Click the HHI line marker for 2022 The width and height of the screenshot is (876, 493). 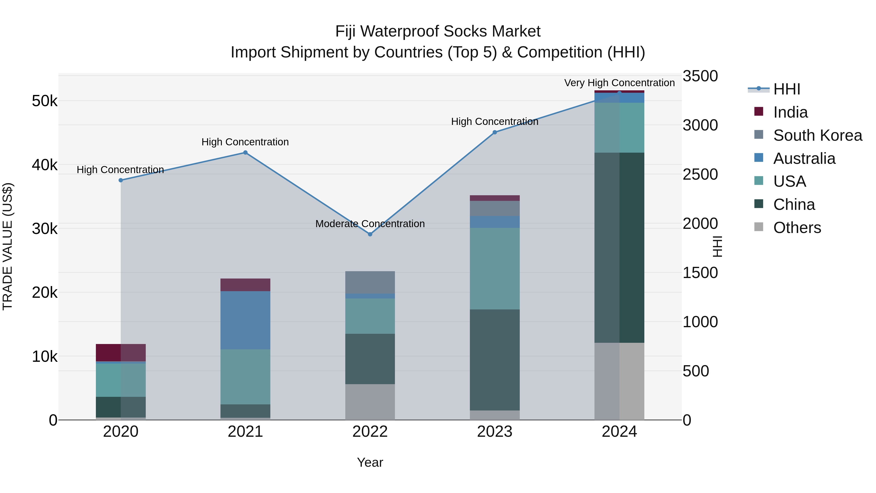coord(370,234)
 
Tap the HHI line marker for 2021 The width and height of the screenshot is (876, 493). coord(245,152)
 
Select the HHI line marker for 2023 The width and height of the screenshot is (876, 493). coord(495,132)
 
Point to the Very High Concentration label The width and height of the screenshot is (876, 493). coord(619,83)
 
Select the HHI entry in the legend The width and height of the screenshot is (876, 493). coord(786,89)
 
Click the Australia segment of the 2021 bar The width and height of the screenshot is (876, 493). coord(245,320)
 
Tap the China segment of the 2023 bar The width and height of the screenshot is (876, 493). coord(495,359)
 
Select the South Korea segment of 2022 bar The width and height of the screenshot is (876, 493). coord(370,282)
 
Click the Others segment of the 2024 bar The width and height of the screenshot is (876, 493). coord(619,381)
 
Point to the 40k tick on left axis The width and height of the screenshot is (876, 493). coord(45,165)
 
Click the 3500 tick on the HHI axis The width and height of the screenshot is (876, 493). coord(700,76)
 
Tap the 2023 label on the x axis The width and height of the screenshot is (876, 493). coord(495,432)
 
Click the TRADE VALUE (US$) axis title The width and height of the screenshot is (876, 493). coord(8,246)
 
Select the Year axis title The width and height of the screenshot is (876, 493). coord(370,462)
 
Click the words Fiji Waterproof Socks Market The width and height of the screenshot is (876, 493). coord(438,31)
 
